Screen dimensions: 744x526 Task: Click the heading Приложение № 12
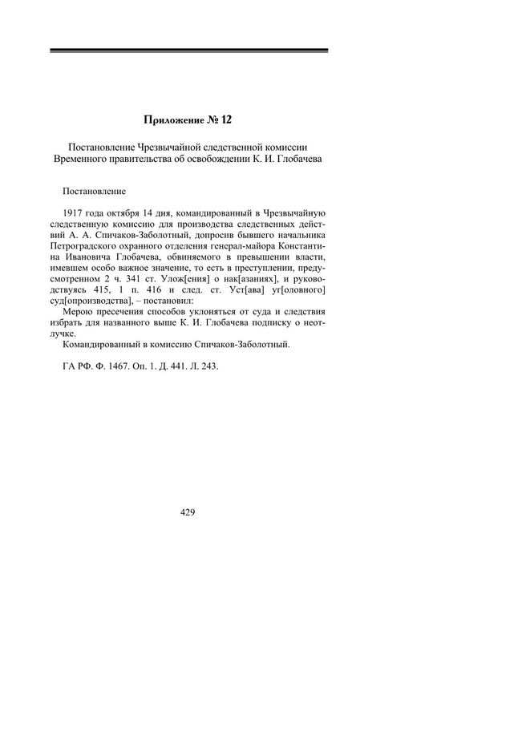click(x=188, y=119)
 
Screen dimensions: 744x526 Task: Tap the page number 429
click(x=188, y=511)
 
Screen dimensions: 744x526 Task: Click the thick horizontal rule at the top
click(x=188, y=51)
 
